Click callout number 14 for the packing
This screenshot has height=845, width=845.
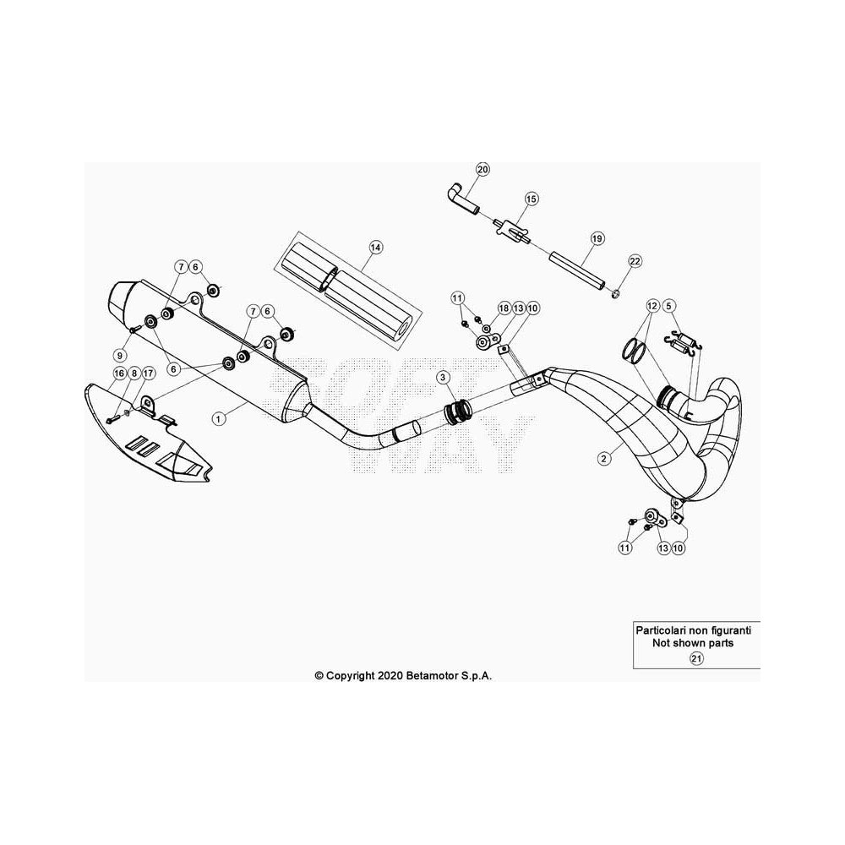(x=376, y=248)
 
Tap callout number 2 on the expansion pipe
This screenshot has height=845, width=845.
(x=604, y=459)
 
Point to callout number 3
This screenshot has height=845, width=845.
(x=443, y=377)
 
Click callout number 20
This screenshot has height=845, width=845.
(x=482, y=170)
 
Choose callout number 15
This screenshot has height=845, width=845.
(x=532, y=199)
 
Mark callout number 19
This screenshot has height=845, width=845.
(x=597, y=238)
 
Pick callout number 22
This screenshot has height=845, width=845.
(x=635, y=261)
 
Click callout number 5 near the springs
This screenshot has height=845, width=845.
(x=668, y=307)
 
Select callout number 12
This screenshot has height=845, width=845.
(x=652, y=307)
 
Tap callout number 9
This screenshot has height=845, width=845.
(x=120, y=356)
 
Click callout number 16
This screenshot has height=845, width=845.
(x=119, y=373)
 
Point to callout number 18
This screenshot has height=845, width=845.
(x=504, y=308)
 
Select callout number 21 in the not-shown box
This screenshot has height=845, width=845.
(x=696, y=658)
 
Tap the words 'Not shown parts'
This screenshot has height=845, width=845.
(x=693, y=643)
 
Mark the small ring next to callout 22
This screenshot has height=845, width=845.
(x=615, y=294)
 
